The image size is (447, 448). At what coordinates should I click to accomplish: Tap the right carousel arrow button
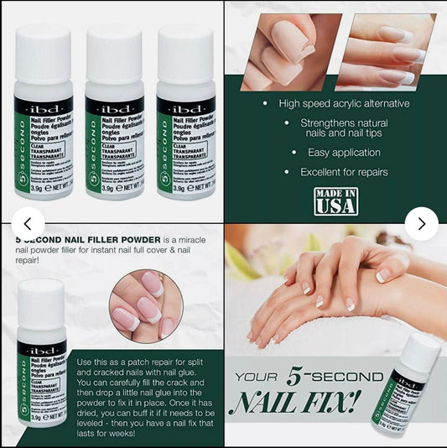click(421, 223)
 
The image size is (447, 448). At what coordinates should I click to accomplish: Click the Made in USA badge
click(335, 202)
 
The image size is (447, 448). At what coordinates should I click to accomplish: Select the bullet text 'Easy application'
click(335, 153)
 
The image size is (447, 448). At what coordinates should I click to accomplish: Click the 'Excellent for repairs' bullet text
click(344, 172)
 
